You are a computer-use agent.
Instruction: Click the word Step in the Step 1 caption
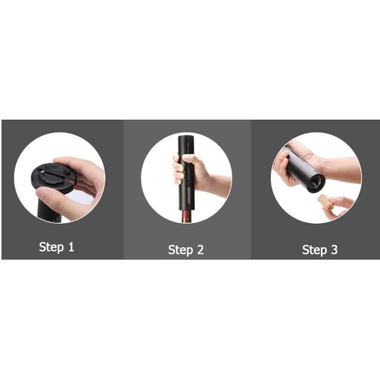(51, 247)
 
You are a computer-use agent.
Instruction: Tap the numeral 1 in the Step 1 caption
(71, 246)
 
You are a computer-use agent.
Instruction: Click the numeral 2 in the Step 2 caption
(200, 250)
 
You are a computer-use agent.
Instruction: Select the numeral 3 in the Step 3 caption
(334, 250)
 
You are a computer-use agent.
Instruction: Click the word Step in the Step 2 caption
(181, 250)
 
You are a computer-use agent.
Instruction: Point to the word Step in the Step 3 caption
(315, 250)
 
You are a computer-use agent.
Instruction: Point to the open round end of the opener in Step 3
(315, 182)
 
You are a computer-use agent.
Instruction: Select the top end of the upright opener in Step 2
(186, 137)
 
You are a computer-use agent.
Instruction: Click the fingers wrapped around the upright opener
(177, 168)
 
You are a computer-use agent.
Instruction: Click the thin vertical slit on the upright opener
(188, 148)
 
